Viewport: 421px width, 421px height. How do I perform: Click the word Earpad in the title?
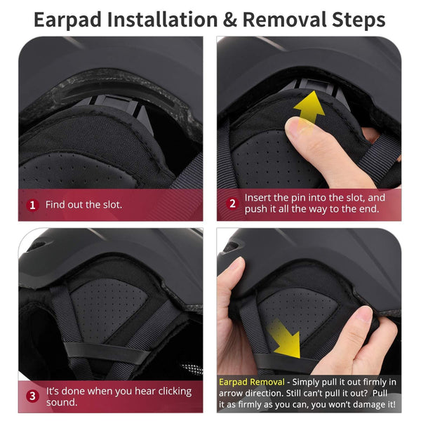coord(67,20)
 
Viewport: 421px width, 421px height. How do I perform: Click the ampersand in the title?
coord(230,20)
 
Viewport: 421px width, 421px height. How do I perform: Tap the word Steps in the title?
coord(359,20)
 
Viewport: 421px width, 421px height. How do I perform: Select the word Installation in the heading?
coord(163,20)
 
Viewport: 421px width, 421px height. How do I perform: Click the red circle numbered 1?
coord(32,206)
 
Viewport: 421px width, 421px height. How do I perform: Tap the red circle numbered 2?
coord(232,203)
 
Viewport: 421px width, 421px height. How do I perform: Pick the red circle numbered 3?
coord(32,396)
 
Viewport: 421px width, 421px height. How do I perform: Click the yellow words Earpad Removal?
coord(252,382)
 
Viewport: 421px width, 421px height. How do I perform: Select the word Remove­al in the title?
coord(285,20)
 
